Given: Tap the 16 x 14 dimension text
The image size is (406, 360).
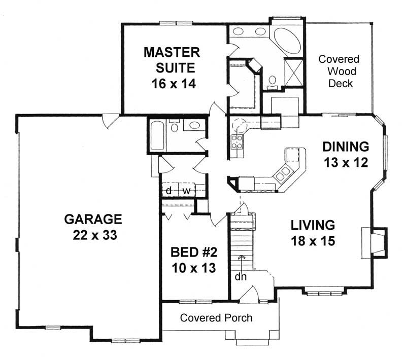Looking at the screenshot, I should coord(172,82).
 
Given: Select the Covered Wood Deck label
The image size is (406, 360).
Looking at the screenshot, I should coord(339,71).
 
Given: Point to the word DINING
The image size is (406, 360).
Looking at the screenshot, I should coord(346,147).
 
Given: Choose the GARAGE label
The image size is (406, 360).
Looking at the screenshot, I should coord(93,219).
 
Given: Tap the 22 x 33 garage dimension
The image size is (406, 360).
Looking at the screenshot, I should coord(93,236).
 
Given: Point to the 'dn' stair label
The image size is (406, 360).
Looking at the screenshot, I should coord(241,277).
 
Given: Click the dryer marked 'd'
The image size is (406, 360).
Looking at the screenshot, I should coord(168,191).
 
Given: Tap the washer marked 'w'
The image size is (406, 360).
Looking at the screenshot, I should coord(186,191).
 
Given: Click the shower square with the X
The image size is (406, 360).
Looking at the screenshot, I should coord(293,70).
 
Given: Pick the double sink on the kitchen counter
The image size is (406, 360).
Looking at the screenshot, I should coord(282,174).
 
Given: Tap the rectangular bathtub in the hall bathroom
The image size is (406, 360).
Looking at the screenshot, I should coord(157,135).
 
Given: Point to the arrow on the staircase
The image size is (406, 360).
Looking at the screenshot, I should coord(242,259).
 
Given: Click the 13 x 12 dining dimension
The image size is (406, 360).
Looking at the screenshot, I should coord(346,163).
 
